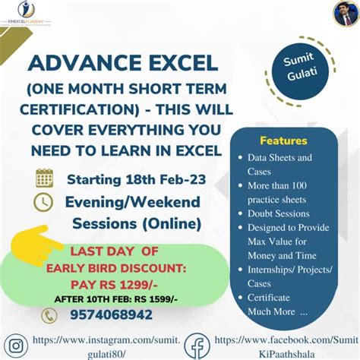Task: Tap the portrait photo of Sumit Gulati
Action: click(x=345, y=13)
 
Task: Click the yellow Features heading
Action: click(x=284, y=141)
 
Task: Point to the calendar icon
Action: click(x=44, y=178)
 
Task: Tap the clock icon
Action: click(x=43, y=202)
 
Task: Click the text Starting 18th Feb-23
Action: click(x=135, y=181)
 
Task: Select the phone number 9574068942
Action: click(x=112, y=314)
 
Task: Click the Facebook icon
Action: click(x=196, y=346)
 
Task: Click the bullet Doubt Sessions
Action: click(x=278, y=213)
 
